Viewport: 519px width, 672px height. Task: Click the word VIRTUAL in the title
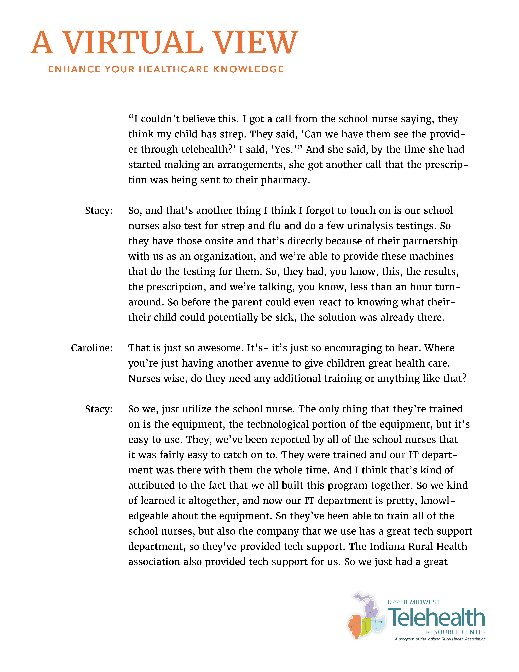[x=133, y=43]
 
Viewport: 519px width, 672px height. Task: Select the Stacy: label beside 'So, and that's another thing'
[x=99, y=211]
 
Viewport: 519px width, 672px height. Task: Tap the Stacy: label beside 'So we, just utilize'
[x=99, y=409]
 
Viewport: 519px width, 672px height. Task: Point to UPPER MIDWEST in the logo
[x=414, y=602]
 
